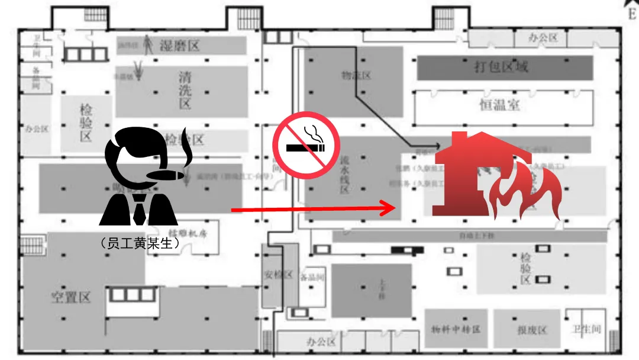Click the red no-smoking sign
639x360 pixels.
pyautogui.click(x=306, y=144)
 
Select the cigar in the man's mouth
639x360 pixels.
pyautogui.click(x=165, y=175)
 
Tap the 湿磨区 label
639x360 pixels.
pyautogui.click(x=180, y=46)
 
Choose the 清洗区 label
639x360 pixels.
pyautogui.click(x=185, y=90)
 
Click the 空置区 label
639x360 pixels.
pyautogui.click(x=70, y=297)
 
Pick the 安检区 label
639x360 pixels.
pyautogui.click(x=278, y=275)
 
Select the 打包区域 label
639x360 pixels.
pyautogui.click(x=501, y=67)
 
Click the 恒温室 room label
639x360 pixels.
pyautogui.click(x=500, y=105)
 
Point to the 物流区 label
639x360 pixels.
pyautogui.click(x=356, y=76)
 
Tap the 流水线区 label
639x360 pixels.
pyautogui.click(x=344, y=175)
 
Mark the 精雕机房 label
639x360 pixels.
pyautogui.click(x=189, y=233)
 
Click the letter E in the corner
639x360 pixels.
pyautogui.click(x=631, y=15)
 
